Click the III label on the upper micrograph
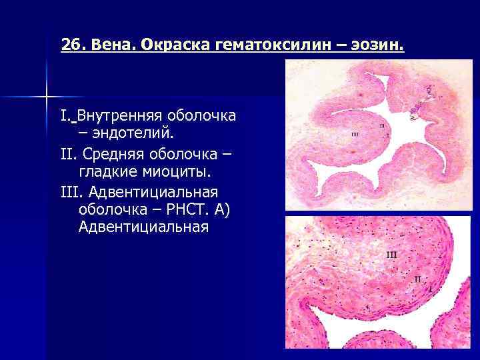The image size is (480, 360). pos(355,134)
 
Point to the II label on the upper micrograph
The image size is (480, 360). pos(381,125)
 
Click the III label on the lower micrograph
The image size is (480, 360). pos(392,255)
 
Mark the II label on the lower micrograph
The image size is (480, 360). pos(417,279)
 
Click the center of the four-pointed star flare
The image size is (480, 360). pos(47,97)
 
